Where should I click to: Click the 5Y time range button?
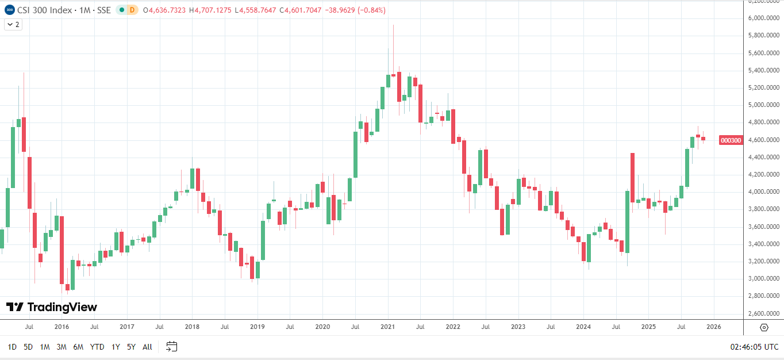131,347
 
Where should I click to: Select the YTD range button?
97,347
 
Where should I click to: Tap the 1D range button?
11,347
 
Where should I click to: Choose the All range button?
147,347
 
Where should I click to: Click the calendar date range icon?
172,346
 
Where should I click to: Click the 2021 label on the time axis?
388,327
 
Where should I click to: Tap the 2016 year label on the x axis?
62,327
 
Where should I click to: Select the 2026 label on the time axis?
714,327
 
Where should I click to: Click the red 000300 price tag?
731,140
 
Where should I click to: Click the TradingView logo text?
52,307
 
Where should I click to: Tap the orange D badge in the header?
132,10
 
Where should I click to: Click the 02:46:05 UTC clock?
754,347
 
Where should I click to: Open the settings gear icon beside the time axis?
764,327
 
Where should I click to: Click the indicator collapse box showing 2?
13,25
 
